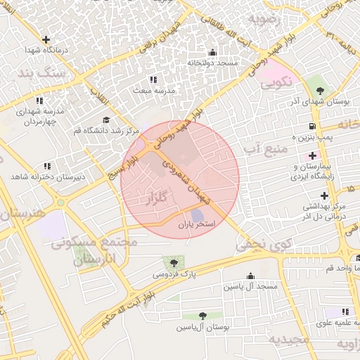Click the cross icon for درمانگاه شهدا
[46, 39]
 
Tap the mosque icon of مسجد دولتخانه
[212, 52]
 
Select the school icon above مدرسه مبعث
[153, 79]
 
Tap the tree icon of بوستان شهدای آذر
[320, 90]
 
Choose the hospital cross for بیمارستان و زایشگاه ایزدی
[312, 154]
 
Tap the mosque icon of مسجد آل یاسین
[250, 276]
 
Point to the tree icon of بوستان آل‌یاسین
[202, 316]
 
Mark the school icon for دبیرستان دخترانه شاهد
[46, 166]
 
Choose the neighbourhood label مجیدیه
[289, 340]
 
